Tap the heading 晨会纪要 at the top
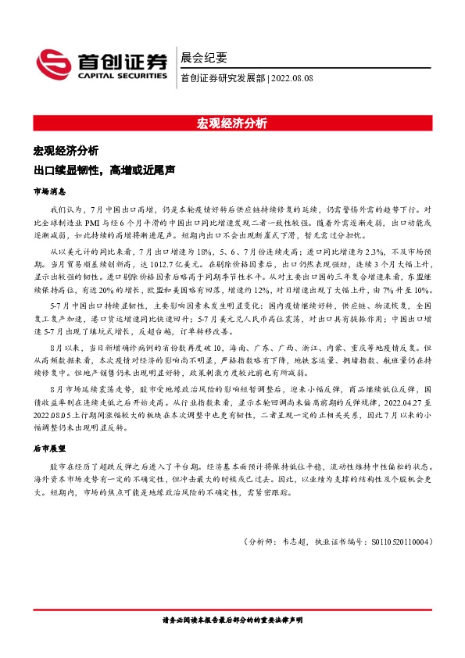[203, 57]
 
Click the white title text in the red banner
[232, 123]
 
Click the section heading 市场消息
[49, 191]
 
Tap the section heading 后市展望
[49, 449]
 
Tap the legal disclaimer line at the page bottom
[232, 620]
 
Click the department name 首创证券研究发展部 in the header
[223, 77]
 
